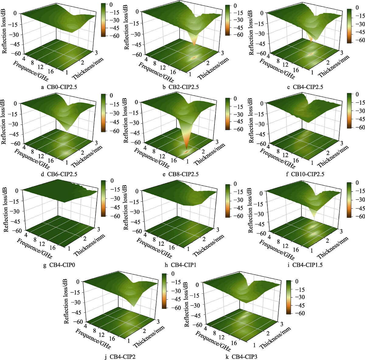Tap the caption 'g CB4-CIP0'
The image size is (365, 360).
point(59,265)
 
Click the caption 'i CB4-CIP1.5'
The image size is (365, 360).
point(304,265)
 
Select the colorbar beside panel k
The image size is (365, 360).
point(289,297)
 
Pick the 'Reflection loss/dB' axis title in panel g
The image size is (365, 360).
point(6,205)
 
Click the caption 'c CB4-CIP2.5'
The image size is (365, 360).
point(305,87)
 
